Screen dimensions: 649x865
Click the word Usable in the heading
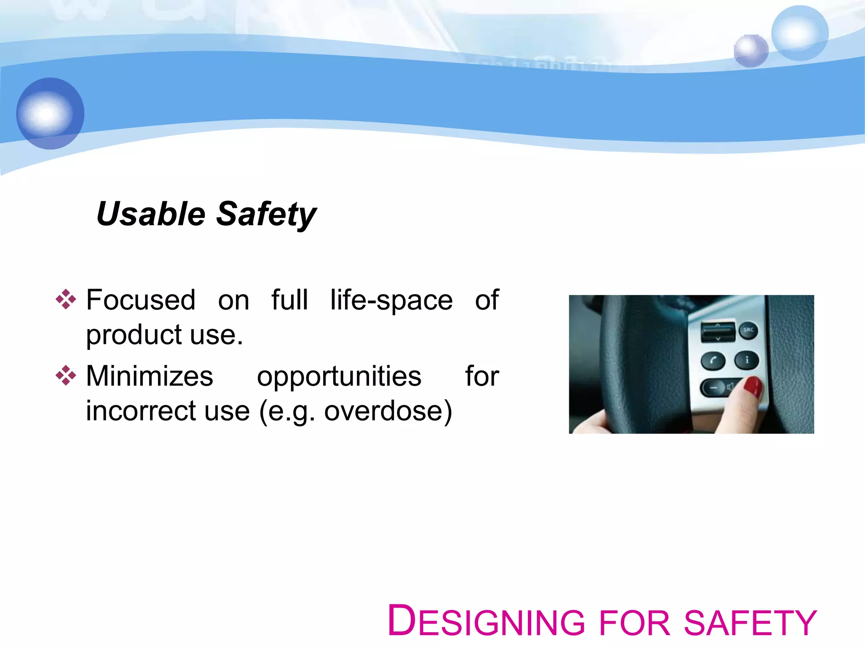[x=151, y=214]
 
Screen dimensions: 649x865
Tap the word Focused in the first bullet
[x=141, y=300]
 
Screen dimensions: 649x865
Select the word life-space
[x=391, y=300]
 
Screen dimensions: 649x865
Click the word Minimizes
[x=150, y=376]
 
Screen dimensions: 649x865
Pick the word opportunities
[x=339, y=376]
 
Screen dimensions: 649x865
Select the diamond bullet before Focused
[x=66, y=300]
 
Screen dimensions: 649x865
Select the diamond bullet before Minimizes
[x=66, y=376]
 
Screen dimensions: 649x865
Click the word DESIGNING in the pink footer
[x=486, y=621]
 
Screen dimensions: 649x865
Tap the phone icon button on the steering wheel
[x=713, y=361]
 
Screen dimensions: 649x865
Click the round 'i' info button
[x=747, y=360]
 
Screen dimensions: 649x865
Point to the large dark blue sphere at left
[x=50, y=113]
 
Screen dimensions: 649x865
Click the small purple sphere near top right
[x=751, y=51]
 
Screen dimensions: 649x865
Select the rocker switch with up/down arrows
[x=718, y=332]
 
